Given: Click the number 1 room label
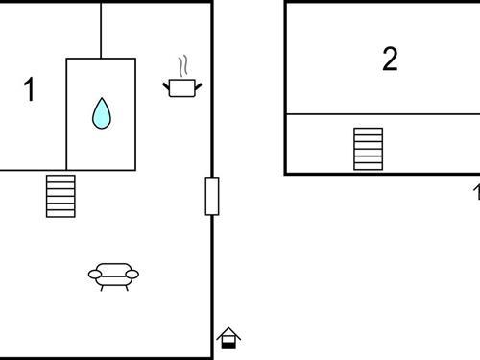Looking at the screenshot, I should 29,90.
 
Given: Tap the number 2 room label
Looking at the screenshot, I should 390,59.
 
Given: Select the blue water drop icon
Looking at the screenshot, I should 101,113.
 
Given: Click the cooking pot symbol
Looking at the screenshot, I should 181,87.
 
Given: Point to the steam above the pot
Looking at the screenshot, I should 181,66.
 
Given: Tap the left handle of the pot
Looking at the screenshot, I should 166,86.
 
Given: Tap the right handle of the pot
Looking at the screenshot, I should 198,86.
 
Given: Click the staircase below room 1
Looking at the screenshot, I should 60,196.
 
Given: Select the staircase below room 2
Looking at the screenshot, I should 368,149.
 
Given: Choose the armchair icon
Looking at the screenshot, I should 113,276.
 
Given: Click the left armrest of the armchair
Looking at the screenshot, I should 94,275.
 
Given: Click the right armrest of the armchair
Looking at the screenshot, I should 133,275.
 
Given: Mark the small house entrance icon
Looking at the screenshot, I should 228,338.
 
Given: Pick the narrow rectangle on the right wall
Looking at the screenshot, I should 212,196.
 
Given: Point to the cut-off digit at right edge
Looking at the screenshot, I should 476,192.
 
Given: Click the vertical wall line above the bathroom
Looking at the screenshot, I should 101,30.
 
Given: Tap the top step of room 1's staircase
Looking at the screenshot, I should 60,178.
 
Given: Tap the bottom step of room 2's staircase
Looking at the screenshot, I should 368,167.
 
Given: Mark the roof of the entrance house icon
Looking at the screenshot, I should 228,332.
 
